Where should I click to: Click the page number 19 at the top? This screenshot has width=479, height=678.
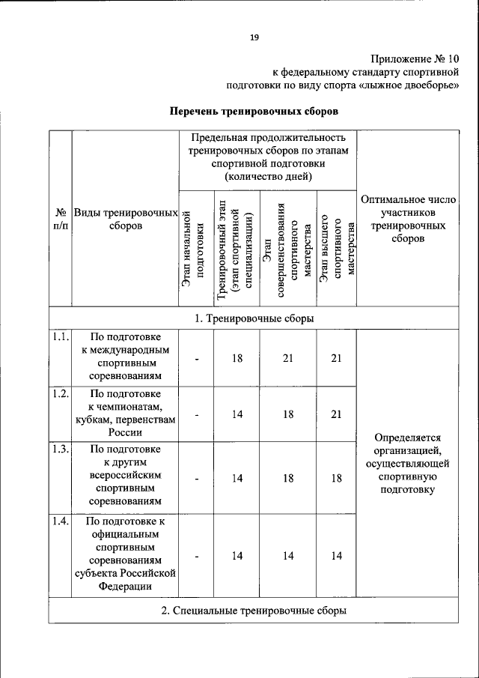(254, 38)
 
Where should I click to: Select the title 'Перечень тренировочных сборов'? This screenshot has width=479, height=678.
(254, 112)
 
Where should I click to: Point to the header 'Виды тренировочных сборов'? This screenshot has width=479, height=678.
(125, 219)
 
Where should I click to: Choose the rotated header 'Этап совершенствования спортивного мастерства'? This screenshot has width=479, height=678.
(287, 249)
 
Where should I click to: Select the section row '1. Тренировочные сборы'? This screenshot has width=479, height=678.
(254, 318)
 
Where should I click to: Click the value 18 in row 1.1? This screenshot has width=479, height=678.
(237, 358)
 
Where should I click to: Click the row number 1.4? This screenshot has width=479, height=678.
(61, 522)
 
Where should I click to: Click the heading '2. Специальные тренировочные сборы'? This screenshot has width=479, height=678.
(254, 611)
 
